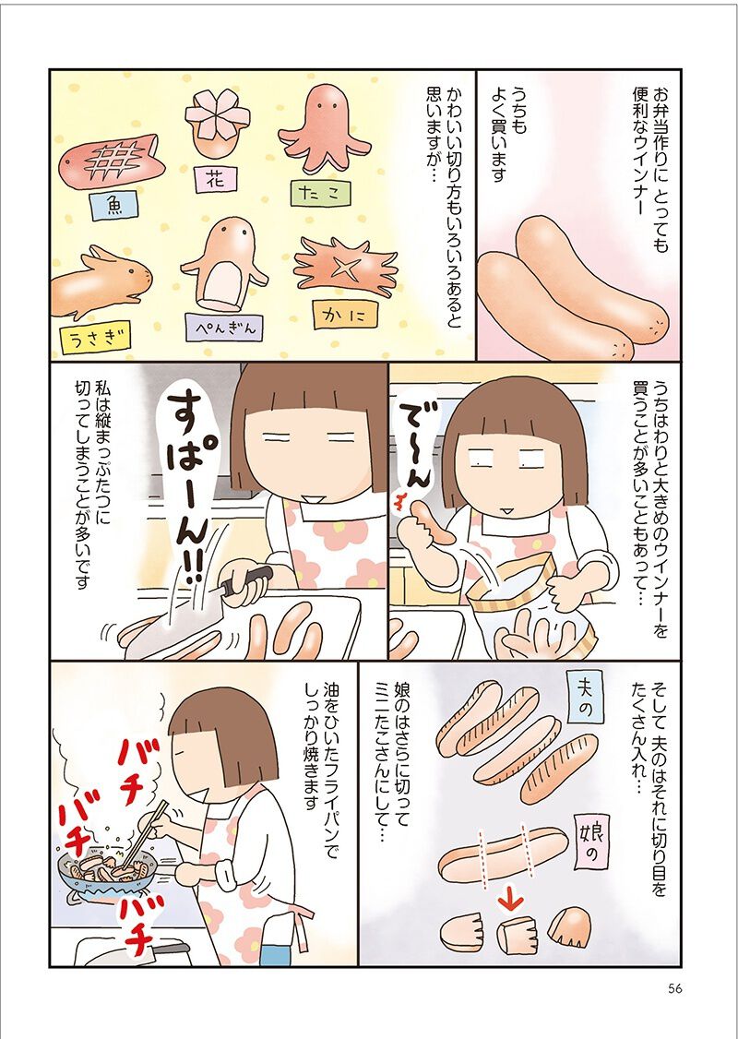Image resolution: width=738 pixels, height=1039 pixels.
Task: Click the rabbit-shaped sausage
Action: [101, 281]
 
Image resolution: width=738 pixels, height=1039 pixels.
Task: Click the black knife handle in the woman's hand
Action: [246, 579]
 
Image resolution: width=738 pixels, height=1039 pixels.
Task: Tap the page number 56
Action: [675, 988]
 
